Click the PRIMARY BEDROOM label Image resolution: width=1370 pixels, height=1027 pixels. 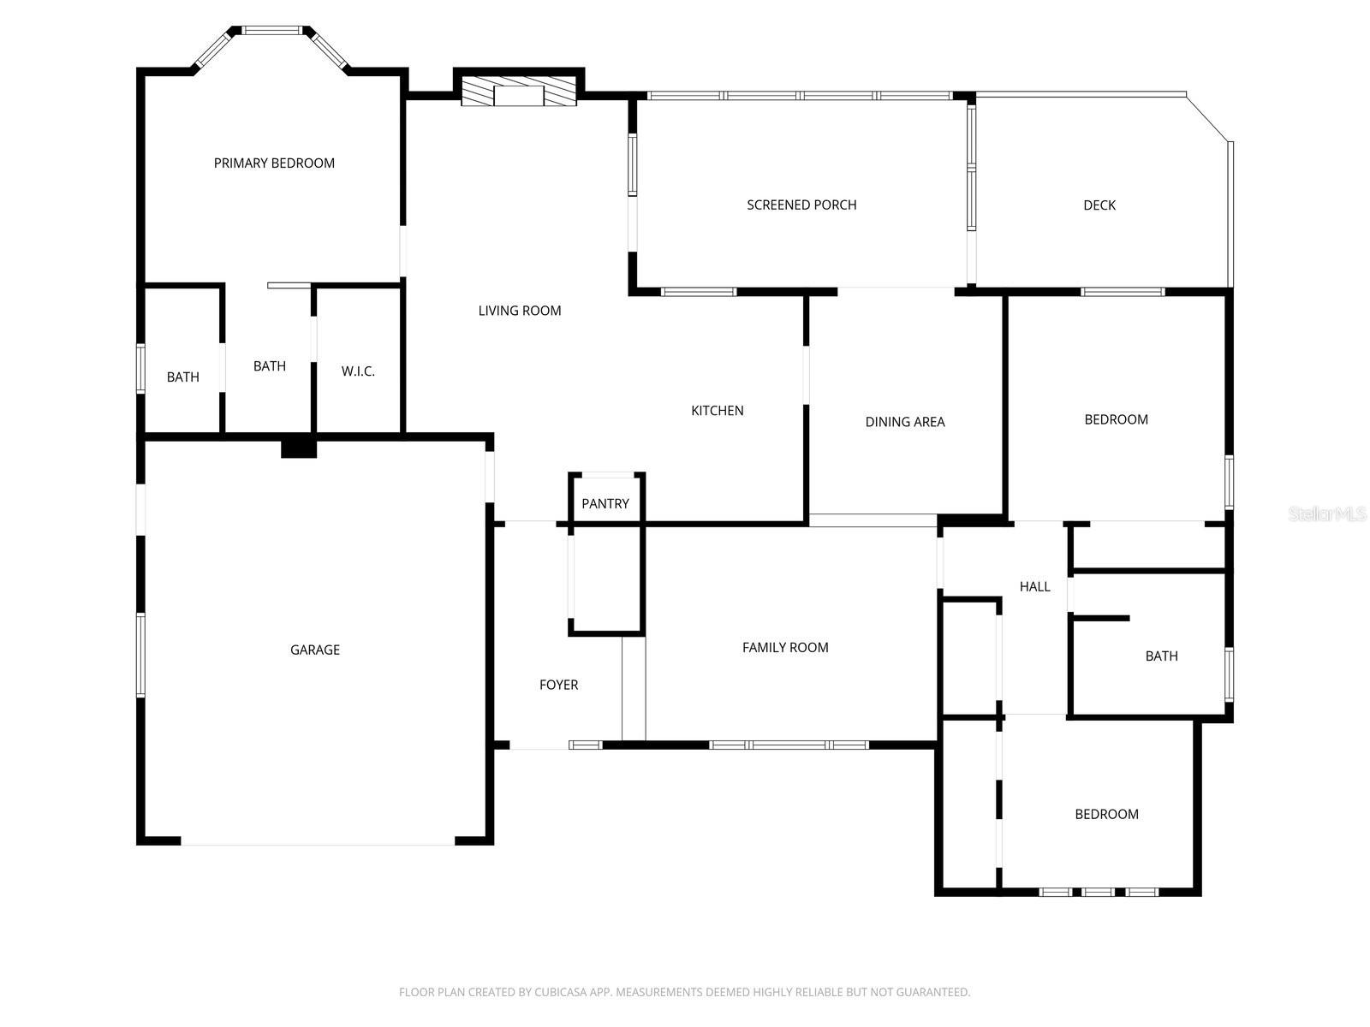(274, 163)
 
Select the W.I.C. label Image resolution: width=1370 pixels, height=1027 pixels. (358, 371)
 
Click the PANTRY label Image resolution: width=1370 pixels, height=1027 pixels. (605, 503)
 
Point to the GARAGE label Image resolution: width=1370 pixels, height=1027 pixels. (315, 650)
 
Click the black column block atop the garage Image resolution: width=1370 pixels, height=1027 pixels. (299, 447)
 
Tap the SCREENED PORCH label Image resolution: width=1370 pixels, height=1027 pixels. (801, 205)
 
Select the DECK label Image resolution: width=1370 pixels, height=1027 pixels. (1099, 205)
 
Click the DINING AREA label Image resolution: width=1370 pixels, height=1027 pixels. (905, 421)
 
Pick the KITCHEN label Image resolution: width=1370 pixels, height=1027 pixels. (718, 411)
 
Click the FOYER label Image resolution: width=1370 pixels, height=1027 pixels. (558, 685)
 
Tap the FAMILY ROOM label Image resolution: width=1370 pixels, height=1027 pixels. (785, 647)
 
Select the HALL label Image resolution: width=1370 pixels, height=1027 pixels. (1034, 586)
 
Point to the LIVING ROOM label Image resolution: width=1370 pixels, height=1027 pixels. (520, 311)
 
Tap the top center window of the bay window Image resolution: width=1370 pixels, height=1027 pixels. (271, 30)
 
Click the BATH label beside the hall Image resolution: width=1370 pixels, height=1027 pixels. (1161, 656)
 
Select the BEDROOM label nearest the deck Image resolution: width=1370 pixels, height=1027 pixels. (1116, 419)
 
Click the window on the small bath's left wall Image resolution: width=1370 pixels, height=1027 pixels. (141, 368)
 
